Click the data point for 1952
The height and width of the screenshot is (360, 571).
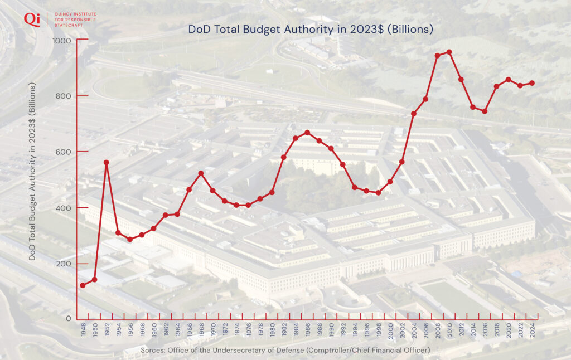[x=106, y=162]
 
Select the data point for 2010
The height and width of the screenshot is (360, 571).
[x=449, y=52]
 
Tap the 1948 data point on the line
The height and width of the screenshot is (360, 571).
[x=83, y=285]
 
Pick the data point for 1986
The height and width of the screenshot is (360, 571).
[x=307, y=132]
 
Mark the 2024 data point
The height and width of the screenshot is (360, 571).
[x=532, y=83]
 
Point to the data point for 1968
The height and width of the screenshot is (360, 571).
[x=201, y=173]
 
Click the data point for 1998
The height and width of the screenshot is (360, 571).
[x=378, y=193]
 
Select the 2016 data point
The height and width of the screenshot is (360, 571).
[x=485, y=111]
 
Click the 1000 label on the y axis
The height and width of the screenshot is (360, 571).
[x=62, y=41]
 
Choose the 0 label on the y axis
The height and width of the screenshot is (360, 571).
[x=69, y=319]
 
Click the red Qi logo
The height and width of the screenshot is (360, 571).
[x=32, y=19]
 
